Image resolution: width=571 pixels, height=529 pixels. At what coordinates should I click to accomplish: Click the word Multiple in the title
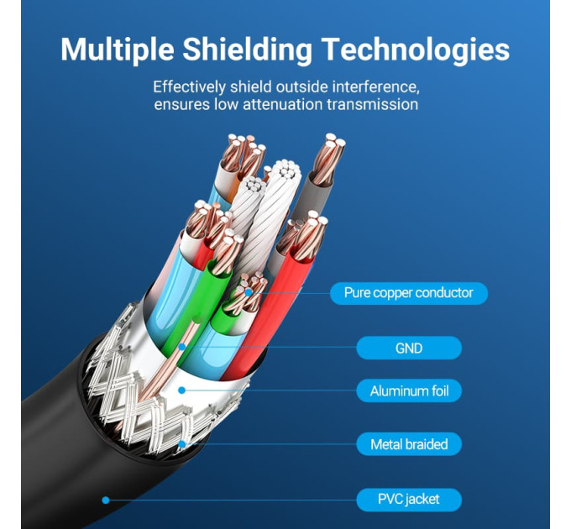[118, 50]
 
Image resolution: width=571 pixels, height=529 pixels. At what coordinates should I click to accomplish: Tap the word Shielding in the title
[247, 50]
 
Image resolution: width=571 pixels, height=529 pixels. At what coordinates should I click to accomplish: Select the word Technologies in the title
[416, 50]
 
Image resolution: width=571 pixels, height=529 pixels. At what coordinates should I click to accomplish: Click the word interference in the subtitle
[376, 87]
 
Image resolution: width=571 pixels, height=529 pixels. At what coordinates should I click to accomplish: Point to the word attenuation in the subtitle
[283, 104]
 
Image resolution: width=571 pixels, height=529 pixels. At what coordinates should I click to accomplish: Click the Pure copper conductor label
[409, 293]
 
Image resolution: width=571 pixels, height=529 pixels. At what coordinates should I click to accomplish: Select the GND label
[409, 348]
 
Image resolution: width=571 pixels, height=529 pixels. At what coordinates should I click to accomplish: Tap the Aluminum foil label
[409, 391]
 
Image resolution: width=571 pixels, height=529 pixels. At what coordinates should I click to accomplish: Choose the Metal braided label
[409, 444]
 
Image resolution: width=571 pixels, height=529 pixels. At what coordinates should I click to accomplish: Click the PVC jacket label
[409, 499]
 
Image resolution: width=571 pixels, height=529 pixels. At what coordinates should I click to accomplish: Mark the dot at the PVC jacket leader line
[106, 500]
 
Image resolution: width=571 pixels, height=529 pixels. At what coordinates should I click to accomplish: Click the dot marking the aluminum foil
[181, 390]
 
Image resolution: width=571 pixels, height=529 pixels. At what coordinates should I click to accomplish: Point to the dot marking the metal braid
[181, 444]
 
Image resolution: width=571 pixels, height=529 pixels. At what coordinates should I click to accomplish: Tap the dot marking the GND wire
[181, 347]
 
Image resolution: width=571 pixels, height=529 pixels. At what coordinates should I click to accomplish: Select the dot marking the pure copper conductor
[249, 292]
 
